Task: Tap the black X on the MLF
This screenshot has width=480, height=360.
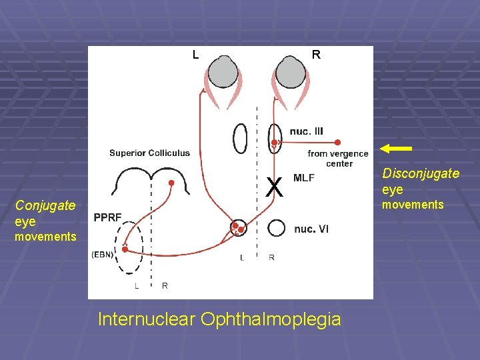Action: point(273,188)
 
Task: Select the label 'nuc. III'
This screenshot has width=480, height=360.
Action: point(307,131)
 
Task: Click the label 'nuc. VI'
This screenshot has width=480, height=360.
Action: point(311,229)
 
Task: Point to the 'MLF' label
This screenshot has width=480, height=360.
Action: point(303,178)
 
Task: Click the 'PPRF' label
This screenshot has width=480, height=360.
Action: point(107,217)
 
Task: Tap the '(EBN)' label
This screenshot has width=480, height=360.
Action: point(102,254)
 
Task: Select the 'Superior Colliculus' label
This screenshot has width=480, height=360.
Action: point(149,153)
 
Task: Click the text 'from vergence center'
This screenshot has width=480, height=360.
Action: point(339,159)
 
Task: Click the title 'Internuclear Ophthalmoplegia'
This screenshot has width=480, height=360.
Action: point(219,319)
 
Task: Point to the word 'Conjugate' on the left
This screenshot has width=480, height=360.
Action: point(45,205)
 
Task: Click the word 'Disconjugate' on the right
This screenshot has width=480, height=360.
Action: point(421,173)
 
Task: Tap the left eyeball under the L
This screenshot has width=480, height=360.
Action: point(223,72)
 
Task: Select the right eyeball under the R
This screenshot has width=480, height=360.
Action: point(291,72)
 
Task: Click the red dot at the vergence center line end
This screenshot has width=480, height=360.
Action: point(338,142)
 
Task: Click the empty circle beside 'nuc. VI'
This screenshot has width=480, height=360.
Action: point(277,228)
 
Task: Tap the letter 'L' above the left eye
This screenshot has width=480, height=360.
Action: point(195,55)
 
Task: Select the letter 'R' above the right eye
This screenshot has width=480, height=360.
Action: point(316,55)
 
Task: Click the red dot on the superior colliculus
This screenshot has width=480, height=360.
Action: point(171,183)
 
